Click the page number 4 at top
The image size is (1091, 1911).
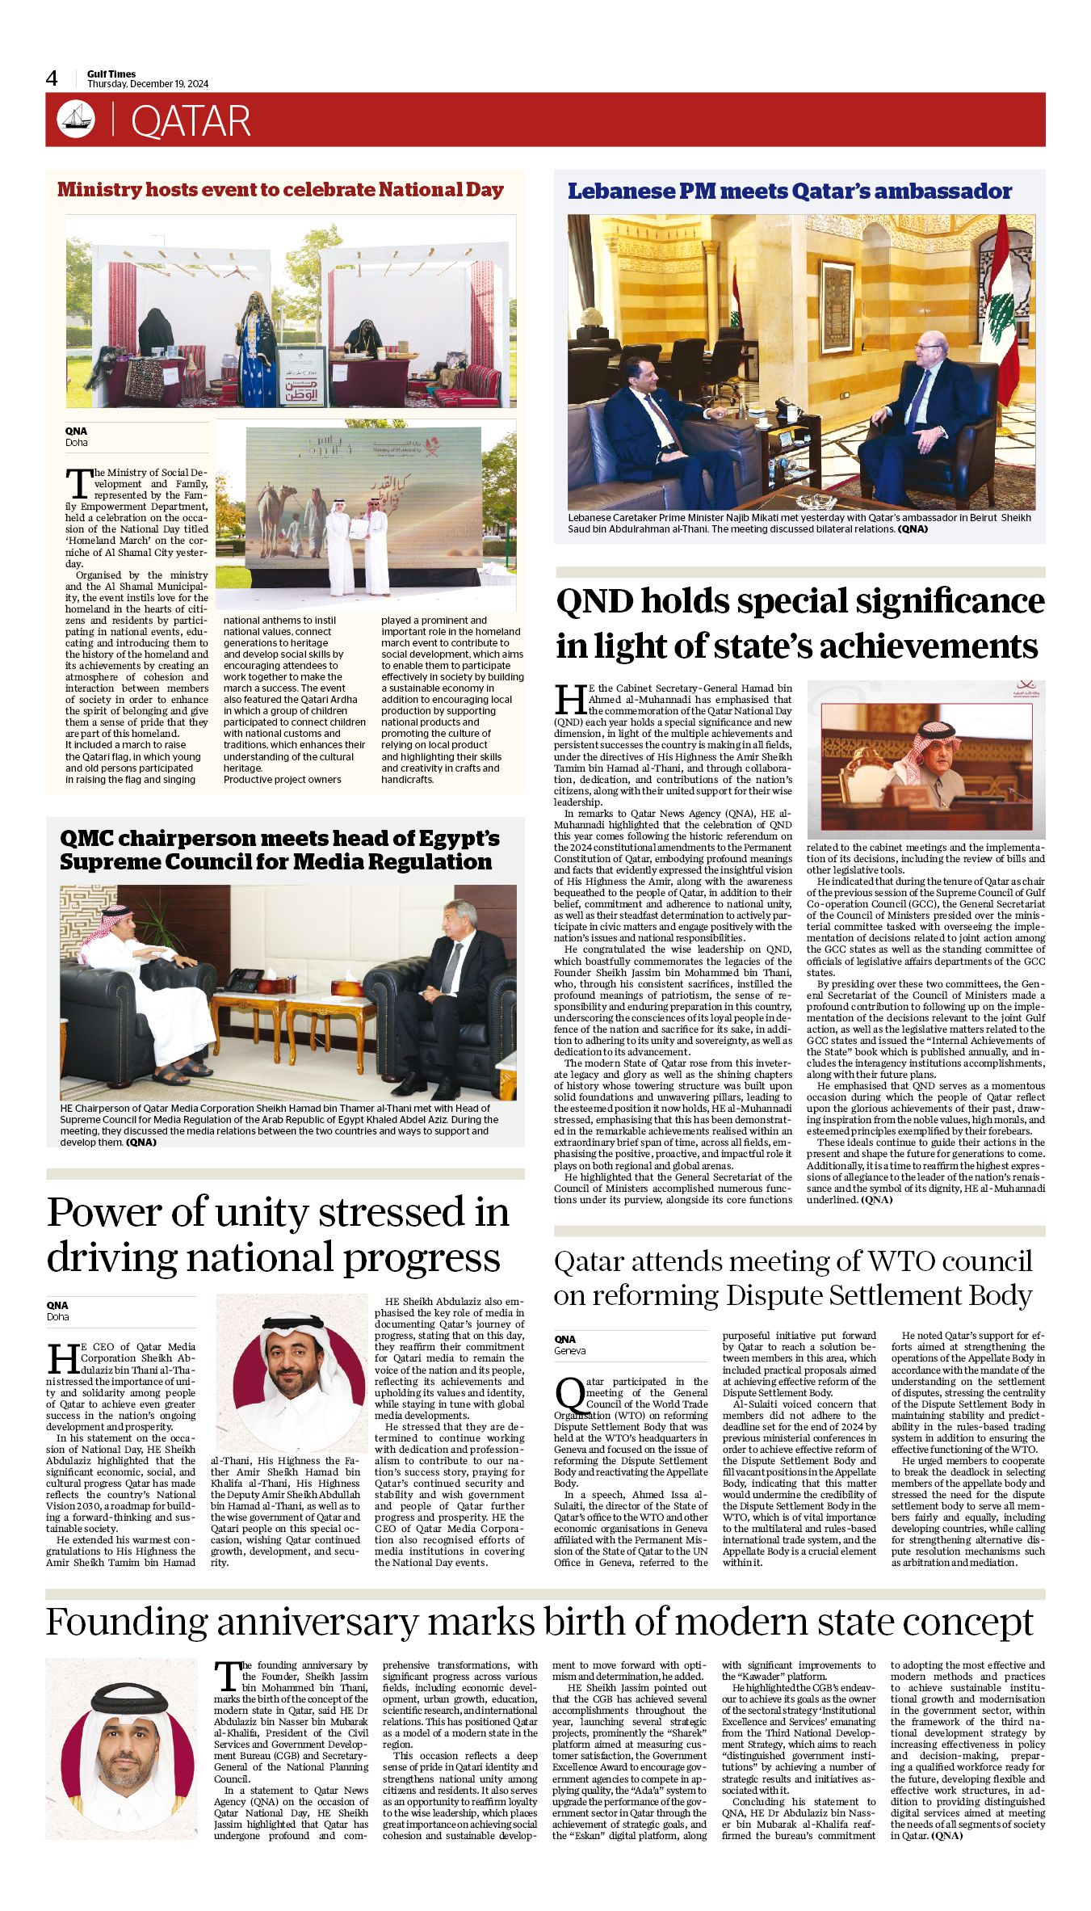[x=52, y=78]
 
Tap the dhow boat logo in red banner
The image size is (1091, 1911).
[x=76, y=120]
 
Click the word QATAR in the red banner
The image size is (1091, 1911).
[x=191, y=121]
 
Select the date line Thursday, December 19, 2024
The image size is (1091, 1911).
[x=148, y=84]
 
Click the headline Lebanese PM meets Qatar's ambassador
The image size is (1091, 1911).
[x=789, y=192]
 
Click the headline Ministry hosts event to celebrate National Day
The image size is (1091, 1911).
[x=280, y=190]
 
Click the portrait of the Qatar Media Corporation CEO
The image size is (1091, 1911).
[x=292, y=1371]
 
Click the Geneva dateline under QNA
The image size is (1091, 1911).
[x=569, y=1350]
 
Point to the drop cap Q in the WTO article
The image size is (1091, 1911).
[x=569, y=1394]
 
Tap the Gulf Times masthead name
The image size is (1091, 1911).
[x=111, y=74]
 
